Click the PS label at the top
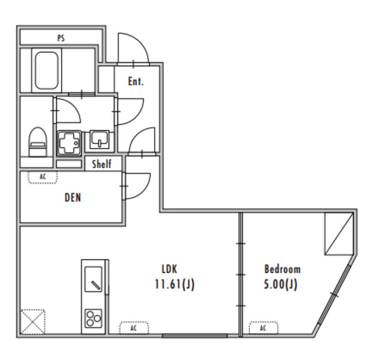(61, 38)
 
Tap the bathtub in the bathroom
(46, 70)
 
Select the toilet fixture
(37, 142)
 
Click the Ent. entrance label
(136, 82)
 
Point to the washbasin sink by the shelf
(99, 139)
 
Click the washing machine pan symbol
(69, 143)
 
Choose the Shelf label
(101, 164)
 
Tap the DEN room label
(72, 197)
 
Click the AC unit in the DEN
(43, 177)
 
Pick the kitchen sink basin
(94, 279)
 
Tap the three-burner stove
(94, 318)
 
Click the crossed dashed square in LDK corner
(33, 322)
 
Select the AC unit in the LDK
(134, 328)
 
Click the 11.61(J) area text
(174, 284)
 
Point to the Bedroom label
(282, 269)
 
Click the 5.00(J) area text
(280, 284)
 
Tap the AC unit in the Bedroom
(264, 328)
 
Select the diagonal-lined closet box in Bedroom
(339, 234)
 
